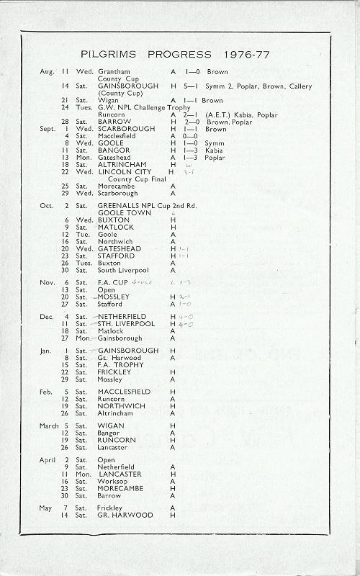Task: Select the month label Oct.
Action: (x=46, y=205)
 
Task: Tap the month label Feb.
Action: (x=47, y=391)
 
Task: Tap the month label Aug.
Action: (x=47, y=72)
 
